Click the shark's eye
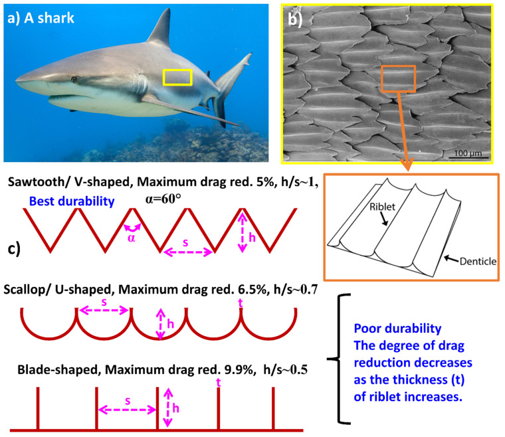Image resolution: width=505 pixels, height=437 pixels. [73, 79]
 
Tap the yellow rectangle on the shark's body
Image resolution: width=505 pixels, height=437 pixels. [177, 78]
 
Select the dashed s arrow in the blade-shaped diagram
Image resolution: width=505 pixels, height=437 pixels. [126, 410]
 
